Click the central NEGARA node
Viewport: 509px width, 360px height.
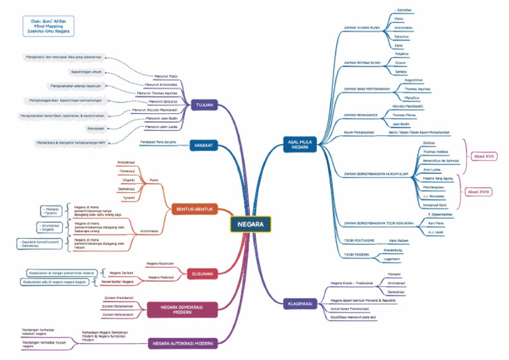251,224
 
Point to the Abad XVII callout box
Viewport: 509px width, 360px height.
484,156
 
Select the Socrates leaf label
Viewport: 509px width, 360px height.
404,11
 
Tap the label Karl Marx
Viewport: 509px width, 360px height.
435,223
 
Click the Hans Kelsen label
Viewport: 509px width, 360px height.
398,240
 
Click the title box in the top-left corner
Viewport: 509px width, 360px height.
47,26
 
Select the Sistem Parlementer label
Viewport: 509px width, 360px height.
118,306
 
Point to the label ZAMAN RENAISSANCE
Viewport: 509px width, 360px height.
361,115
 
